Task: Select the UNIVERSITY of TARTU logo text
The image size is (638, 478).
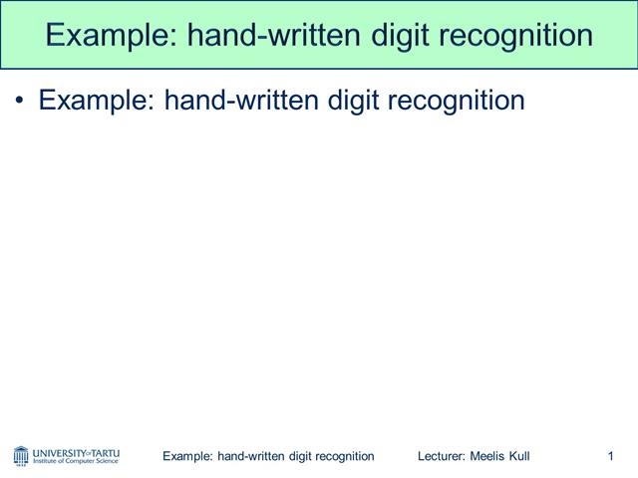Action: point(76,451)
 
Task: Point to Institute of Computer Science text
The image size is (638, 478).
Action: point(76,462)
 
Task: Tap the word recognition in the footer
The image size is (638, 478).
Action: point(342,456)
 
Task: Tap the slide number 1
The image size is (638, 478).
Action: point(609,456)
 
